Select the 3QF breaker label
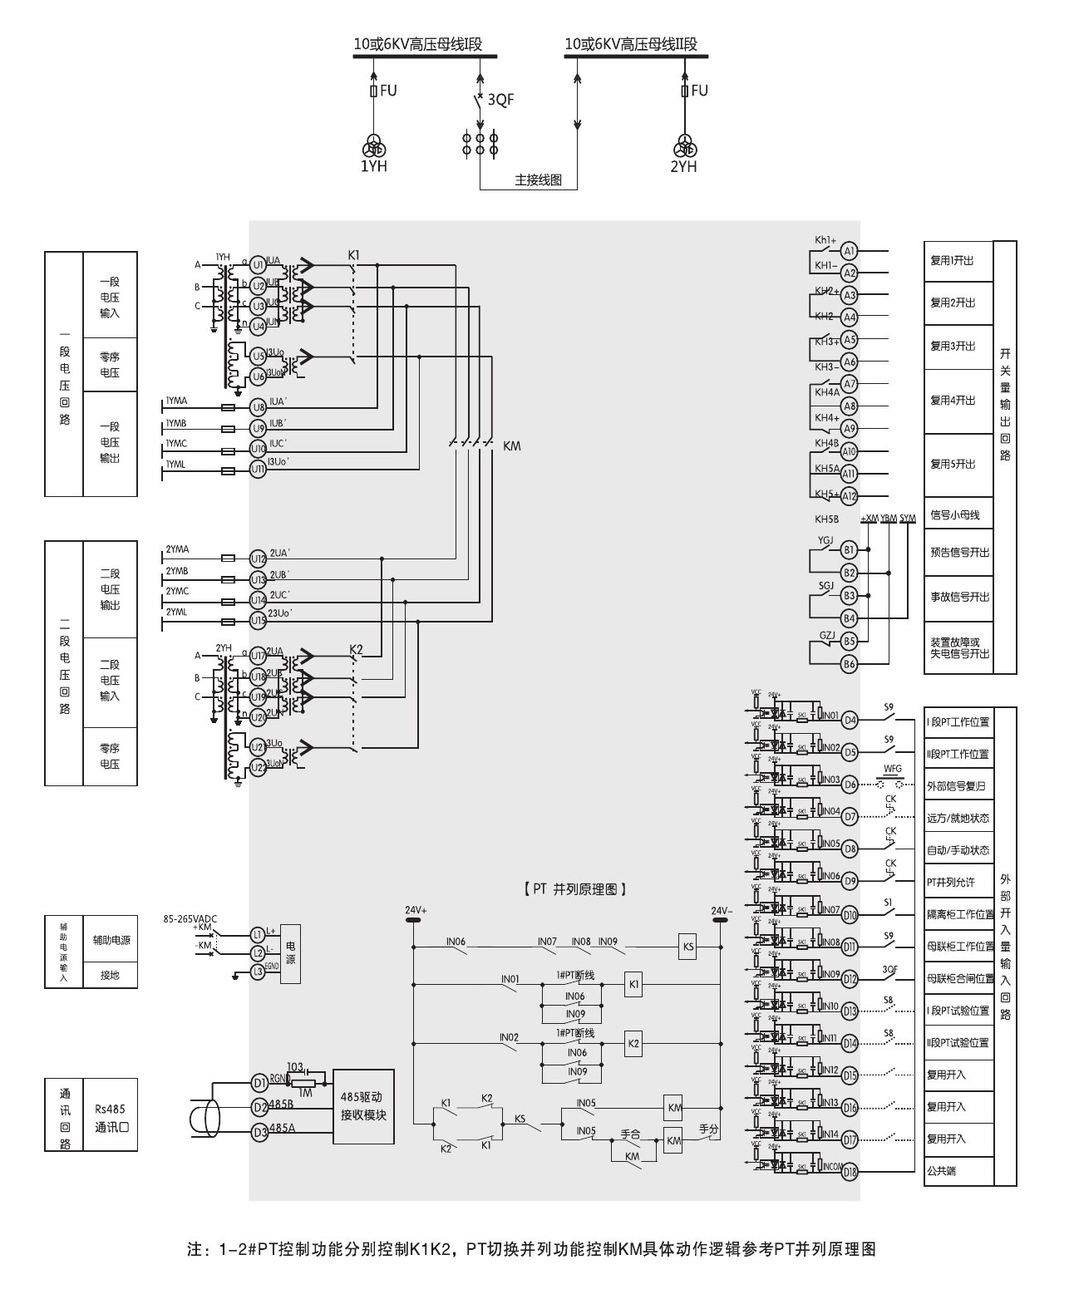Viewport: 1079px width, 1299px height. (x=500, y=100)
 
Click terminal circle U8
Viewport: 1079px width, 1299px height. (x=259, y=407)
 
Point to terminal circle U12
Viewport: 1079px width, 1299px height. (x=259, y=558)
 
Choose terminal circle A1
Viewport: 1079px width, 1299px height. (x=849, y=251)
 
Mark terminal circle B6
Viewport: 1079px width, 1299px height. (x=849, y=664)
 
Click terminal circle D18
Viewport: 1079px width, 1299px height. (x=850, y=1173)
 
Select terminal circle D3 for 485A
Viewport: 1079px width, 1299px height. (x=259, y=1131)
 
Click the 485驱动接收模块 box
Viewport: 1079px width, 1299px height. (x=363, y=1106)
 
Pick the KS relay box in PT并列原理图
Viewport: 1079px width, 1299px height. (x=687, y=947)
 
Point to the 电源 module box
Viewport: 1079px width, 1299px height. (x=290, y=953)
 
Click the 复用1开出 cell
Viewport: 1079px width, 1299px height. (x=958, y=261)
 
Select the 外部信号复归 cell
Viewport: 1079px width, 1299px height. (x=958, y=785)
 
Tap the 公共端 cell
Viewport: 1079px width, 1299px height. (x=958, y=1171)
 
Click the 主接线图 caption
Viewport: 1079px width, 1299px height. (x=538, y=180)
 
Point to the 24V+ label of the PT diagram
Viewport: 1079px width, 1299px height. (x=416, y=910)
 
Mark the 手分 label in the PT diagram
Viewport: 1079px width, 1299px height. (x=708, y=1129)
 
